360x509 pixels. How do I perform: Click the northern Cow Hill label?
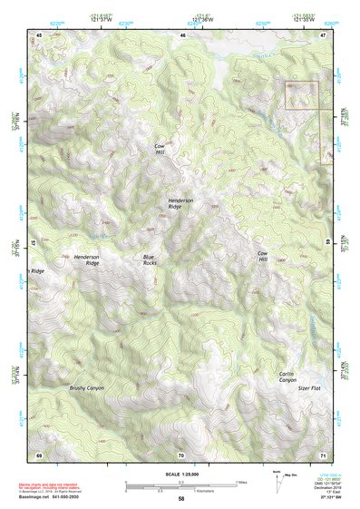[160, 150]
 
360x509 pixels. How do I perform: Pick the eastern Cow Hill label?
[263, 256]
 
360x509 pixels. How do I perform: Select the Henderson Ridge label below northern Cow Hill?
[180, 203]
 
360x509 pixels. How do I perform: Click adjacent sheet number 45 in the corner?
[39, 34]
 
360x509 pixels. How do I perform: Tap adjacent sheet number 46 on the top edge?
[182, 34]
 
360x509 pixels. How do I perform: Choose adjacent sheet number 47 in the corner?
[324, 34]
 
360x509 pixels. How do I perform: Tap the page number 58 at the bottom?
[181, 498]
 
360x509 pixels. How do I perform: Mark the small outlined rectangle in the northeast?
[302, 95]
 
